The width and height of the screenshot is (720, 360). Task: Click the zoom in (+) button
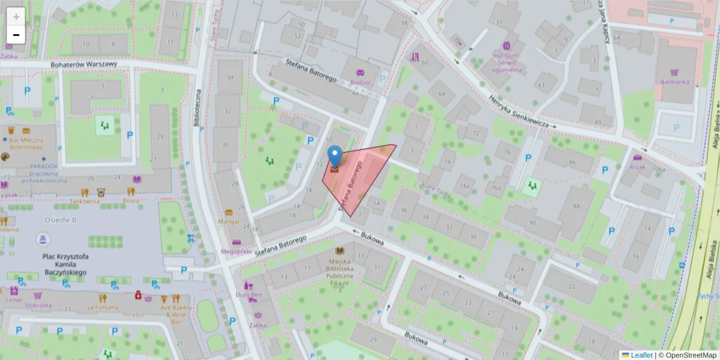(16, 17)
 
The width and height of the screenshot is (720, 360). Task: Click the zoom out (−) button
(16, 35)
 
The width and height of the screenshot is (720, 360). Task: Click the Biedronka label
(674, 82)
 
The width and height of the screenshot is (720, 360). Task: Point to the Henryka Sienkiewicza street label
(519, 112)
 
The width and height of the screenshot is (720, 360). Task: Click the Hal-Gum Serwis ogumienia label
(506, 62)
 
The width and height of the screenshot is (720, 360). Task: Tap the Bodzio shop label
(360, 82)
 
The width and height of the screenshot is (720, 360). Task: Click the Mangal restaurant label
(229, 221)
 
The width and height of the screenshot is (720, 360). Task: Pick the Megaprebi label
(236, 251)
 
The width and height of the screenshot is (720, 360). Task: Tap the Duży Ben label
(249, 295)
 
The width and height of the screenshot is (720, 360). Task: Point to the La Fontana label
(103, 307)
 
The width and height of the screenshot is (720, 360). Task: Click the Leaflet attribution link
(641, 355)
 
